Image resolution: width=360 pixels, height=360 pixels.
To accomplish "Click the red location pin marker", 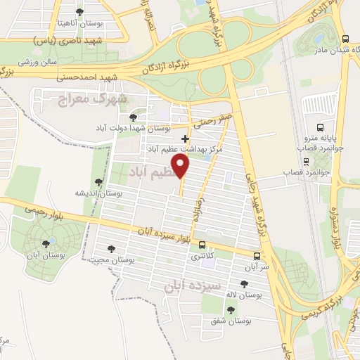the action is tap(182, 167).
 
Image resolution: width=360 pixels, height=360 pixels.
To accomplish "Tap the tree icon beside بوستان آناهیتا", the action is tap(79, 13).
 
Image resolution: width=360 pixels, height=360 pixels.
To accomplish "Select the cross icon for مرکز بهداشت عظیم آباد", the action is tap(185, 139).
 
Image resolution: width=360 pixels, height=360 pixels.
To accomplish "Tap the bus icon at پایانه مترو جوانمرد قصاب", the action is tap(321, 128).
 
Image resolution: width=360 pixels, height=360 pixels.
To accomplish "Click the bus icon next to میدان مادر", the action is tap(344, 39).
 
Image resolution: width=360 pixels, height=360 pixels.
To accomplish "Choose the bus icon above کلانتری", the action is tap(202, 245).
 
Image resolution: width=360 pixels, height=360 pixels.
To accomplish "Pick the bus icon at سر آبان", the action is tap(257, 256).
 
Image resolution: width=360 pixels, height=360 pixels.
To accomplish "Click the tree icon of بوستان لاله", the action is tap(243, 284).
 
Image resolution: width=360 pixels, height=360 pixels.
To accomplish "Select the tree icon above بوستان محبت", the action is tap(110, 248).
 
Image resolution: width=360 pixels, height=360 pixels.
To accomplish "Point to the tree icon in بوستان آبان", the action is tap(46, 243).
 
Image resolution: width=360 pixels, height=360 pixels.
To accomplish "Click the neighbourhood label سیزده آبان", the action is tap(193, 287).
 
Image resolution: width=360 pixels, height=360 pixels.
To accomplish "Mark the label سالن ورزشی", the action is tap(38, 62).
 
